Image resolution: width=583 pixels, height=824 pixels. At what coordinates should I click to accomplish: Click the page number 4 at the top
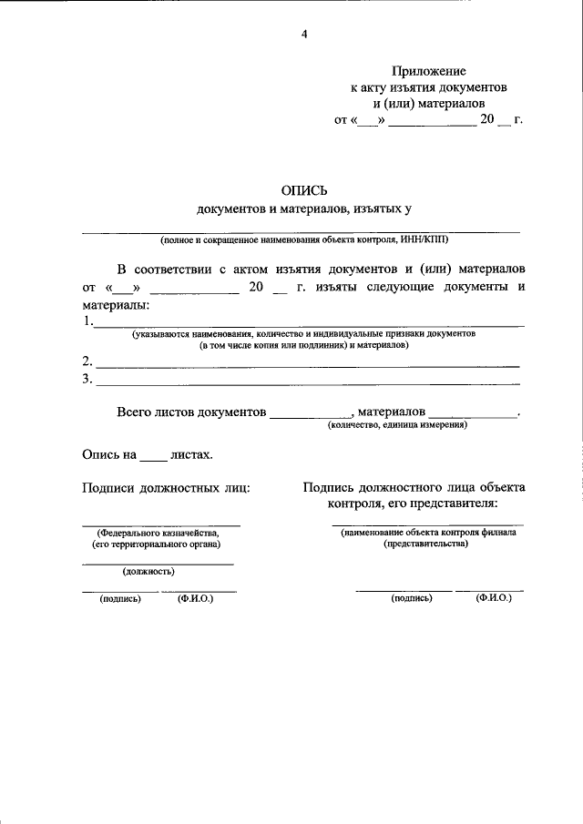[x=304, y=35]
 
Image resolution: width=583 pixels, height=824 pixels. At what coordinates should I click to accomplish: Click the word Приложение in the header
[x=428, y=70]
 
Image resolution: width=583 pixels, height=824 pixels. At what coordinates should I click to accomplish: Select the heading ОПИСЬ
[x=304, y=190]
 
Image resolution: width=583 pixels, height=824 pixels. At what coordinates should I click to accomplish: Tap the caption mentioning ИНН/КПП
[x=304, y=241]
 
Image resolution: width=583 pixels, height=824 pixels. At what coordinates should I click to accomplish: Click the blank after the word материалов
[x=471, y=415]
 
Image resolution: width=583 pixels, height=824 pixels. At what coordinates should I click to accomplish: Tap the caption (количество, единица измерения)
[x=398, y=425]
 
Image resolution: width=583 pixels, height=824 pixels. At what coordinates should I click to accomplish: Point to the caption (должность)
[x=148, y=572]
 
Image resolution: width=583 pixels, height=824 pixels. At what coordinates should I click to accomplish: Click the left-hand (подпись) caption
[x=120, y=599]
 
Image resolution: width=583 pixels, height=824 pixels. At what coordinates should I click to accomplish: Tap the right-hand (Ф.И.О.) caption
[x=493, y=598]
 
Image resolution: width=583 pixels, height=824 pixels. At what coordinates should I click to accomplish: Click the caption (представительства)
[x=426, y=544]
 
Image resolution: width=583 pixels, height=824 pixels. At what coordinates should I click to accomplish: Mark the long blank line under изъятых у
[x=304, y=231]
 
